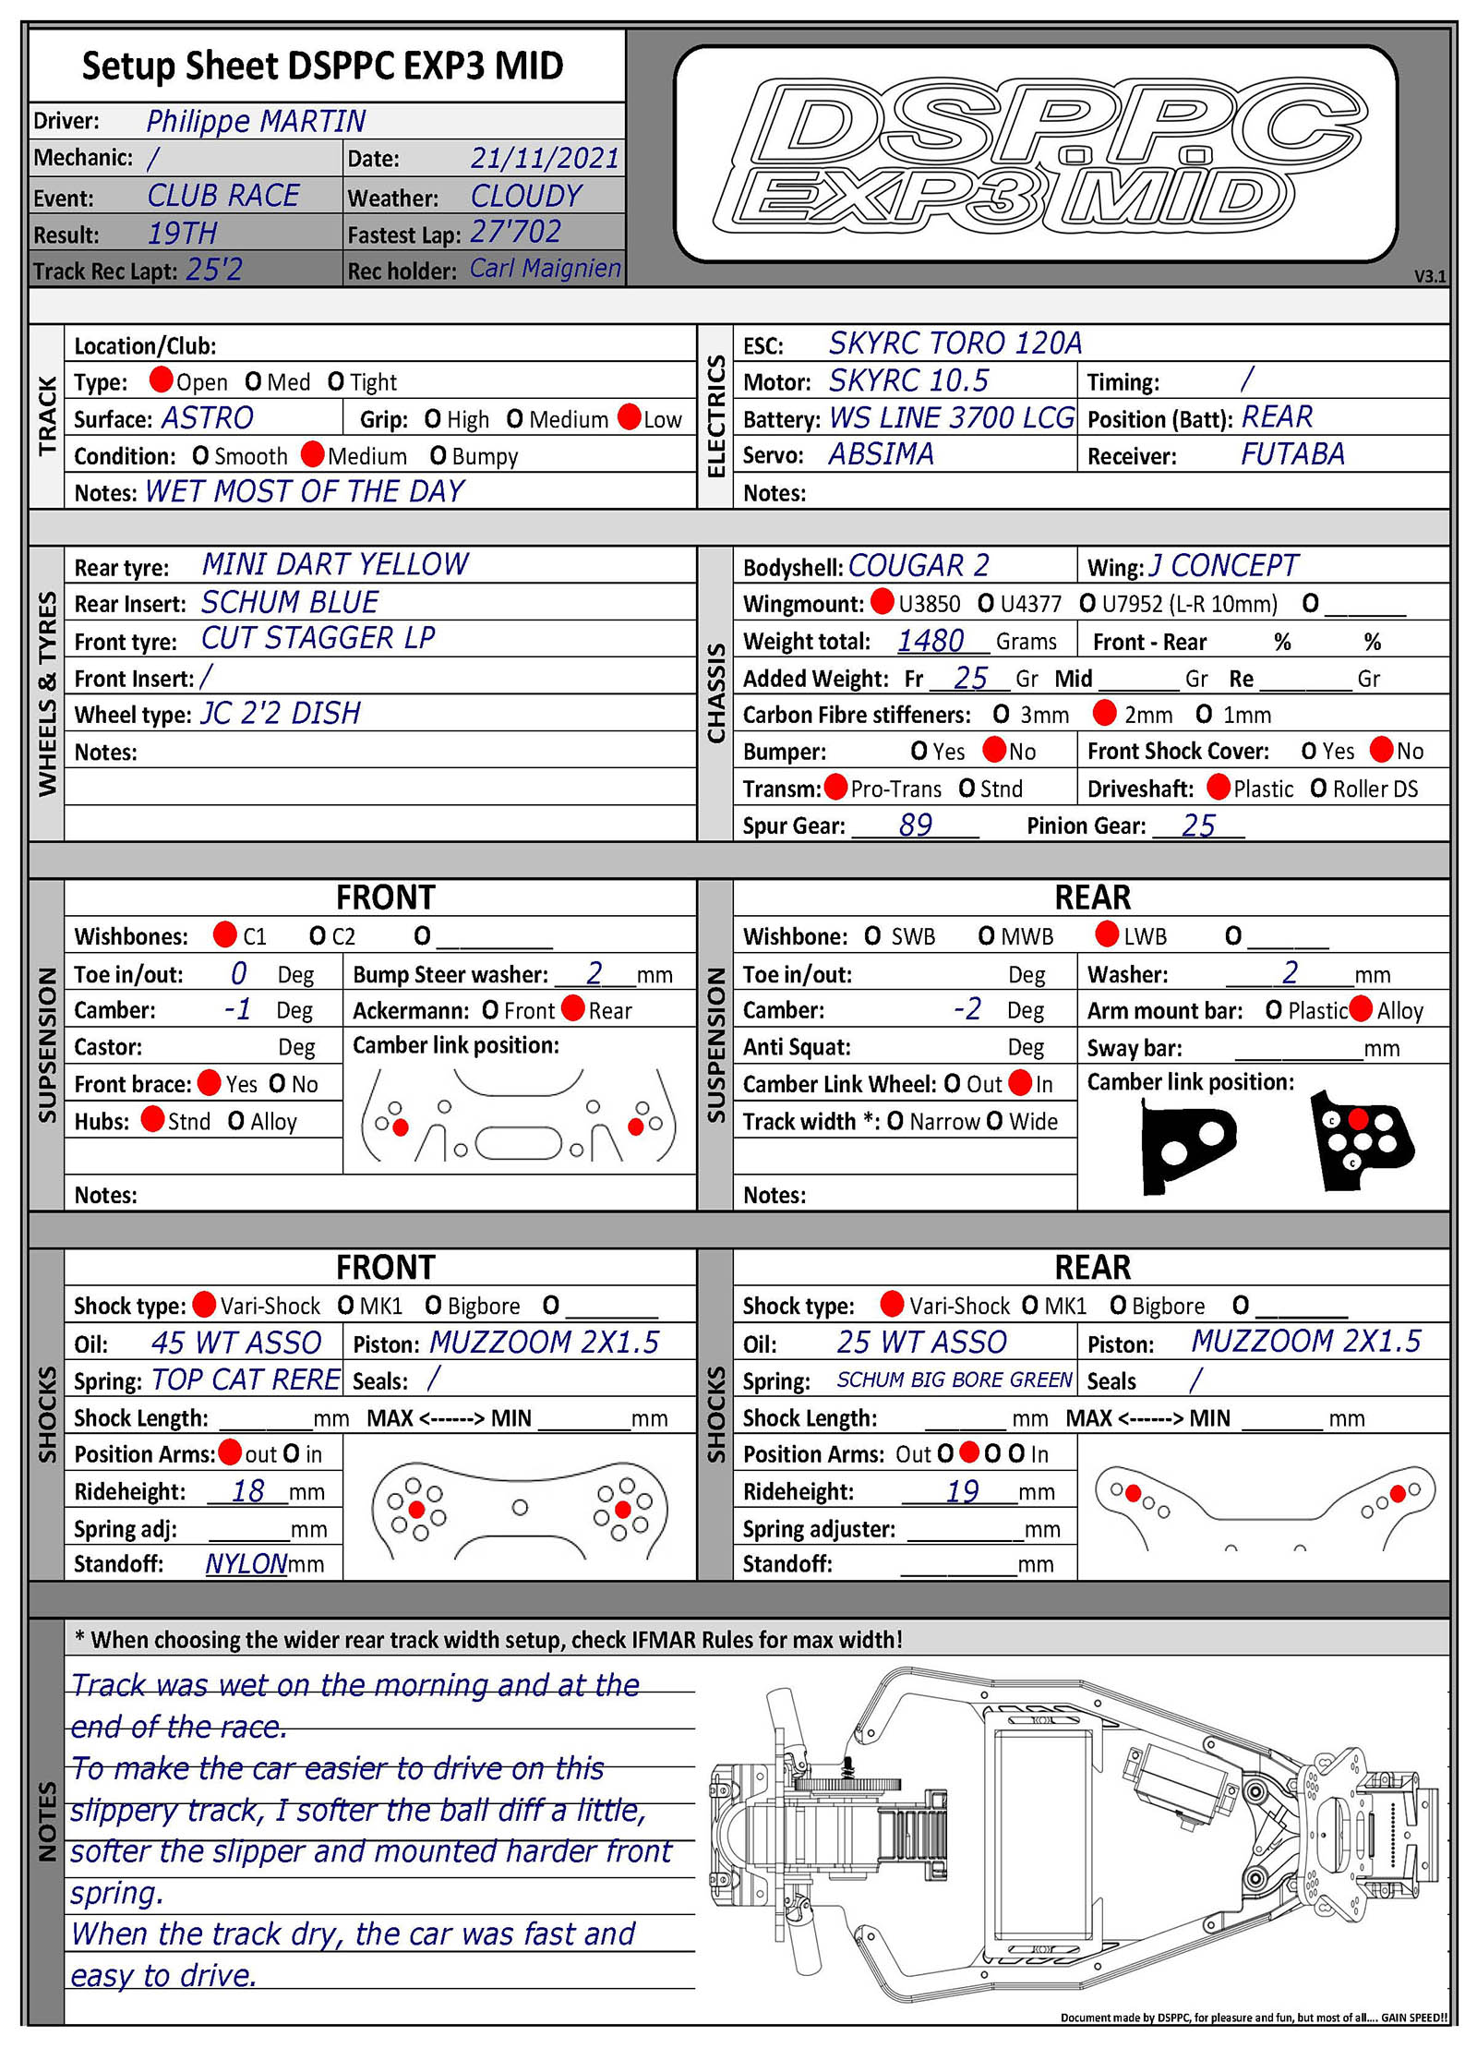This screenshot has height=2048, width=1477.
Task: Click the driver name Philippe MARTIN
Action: pos(256,121)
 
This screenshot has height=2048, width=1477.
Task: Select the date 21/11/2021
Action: pos(545,158)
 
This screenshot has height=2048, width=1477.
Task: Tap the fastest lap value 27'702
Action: pos(515,232)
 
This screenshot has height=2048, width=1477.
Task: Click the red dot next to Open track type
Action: pos(162,379)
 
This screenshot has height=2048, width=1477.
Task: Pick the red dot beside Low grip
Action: pos(630,417)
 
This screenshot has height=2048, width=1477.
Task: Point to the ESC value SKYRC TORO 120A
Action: pos(955,343)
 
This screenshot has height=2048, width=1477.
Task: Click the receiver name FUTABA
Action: pos(1291,454)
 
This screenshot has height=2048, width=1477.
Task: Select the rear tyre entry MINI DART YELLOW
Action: pos(335,564)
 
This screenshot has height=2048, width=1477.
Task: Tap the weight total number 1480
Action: pos(931,640)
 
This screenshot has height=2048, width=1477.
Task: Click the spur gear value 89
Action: pos(915,825)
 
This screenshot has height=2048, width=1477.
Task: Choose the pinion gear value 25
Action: pos(1198,825)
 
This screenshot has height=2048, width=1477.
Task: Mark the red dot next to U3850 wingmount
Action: pos(883,602)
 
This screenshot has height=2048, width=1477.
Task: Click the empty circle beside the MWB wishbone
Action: pos(986,936)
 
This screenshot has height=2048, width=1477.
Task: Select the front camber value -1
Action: pos(237,1009)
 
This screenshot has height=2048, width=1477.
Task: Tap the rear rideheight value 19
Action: pos(962,1491)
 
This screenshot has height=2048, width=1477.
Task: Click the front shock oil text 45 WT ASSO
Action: pos(236,1343)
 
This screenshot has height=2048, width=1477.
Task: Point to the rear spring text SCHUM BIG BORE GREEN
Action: pos(954,1379)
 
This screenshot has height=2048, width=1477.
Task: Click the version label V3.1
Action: pos(1429,276)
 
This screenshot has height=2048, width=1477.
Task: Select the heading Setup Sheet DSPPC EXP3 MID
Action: pos(322,66)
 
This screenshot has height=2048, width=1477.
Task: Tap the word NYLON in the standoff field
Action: pos(246,1564)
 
